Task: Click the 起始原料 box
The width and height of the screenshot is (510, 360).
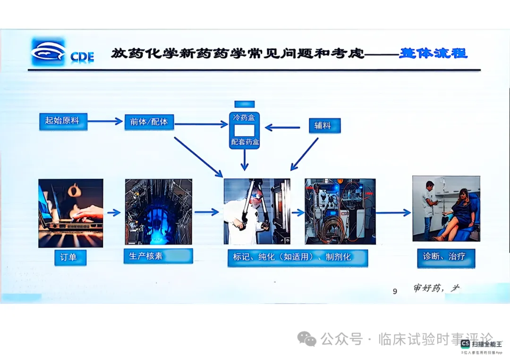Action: tap(63, 121)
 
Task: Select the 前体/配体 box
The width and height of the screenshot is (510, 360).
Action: tap(149, 122)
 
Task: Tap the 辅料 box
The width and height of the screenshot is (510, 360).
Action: tap(324, 126)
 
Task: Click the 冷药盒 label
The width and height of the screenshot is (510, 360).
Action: tap(244, 117)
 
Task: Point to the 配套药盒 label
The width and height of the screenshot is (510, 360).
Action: tap(245, 142)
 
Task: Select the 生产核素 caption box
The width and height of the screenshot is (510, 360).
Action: tap(158, 256)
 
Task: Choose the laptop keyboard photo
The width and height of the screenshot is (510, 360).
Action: tap(71, 213)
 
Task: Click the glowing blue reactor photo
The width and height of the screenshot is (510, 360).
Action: tap(158, 212)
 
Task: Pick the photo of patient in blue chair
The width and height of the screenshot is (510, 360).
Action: tap(446, 209)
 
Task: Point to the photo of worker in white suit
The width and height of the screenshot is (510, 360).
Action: tap(256, 211)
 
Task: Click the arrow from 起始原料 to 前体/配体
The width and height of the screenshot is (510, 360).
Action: tap(105, 122)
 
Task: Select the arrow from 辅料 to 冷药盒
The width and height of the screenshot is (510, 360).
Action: tap(282, 127)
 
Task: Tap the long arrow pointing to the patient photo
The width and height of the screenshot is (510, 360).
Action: tap(393, 213)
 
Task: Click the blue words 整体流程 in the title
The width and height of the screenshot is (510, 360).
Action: tap(433, 53)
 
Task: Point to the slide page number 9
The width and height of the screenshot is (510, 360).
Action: tap(395, 291)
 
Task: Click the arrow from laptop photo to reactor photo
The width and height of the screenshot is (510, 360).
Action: tap(114, 213)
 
